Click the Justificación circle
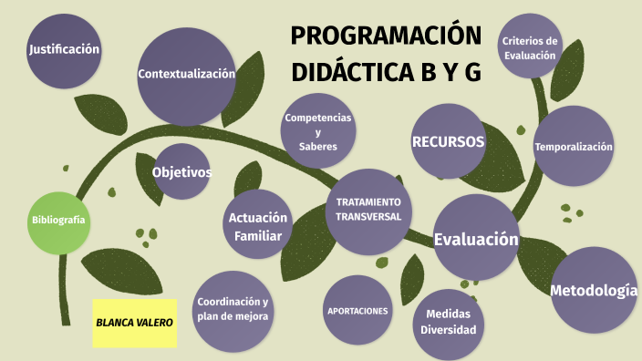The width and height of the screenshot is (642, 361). click(x=63, y=49)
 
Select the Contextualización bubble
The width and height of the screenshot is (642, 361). click(x=186, y=75)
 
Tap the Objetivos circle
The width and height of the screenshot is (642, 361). click(x=181, y=171)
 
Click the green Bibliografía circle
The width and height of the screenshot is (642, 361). click(x=59, y=221)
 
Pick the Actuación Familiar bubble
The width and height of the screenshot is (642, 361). click(x=258, y=226)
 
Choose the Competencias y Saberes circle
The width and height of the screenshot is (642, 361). click(x=317, y=132)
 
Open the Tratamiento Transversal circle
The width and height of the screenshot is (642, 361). click(x=368, y=210)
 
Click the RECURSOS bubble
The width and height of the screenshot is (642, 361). click(x=447, y=141)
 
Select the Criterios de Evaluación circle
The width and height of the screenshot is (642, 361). click(x=529, y=47)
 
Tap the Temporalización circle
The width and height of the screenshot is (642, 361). click(x=574, y=147)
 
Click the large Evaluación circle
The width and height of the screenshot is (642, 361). click(x=476, y=239)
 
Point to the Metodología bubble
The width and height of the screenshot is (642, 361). click(x=594, y=290)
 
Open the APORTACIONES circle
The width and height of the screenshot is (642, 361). click(x=357, y=310)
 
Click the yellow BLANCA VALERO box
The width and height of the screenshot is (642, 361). click(x=134, y=322)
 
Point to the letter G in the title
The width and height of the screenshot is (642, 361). click(x=471, y=74)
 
